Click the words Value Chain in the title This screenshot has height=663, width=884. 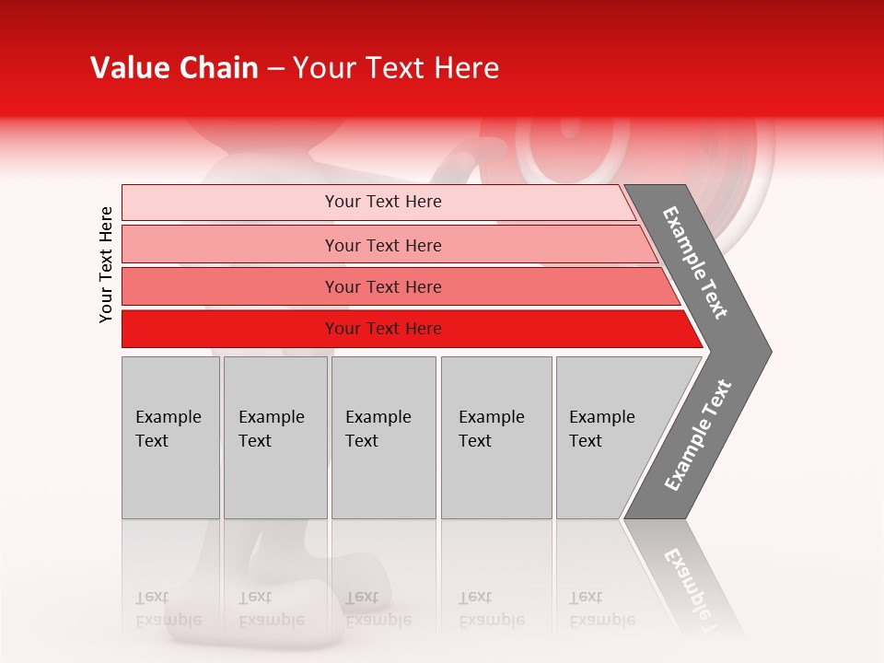[x=174, y=68]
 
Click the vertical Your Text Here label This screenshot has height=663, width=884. [x=106, y=264]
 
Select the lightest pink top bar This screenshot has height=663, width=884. [x=230, y=203]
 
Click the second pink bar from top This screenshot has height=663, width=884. [x=230, y=245]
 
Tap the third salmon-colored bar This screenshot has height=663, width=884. [x=230, y=286]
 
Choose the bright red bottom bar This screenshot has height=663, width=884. [x=230, y=329]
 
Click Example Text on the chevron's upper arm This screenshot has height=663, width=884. [x=695, y=262]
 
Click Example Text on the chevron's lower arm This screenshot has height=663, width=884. [x=698, y=436]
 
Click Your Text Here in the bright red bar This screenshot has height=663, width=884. [x=383, y=329]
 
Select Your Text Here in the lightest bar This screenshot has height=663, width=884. [x=383, y=202]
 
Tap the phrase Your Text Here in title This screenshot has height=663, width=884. [x=396, y=68]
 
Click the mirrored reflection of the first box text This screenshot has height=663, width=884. [x=168, y=609]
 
